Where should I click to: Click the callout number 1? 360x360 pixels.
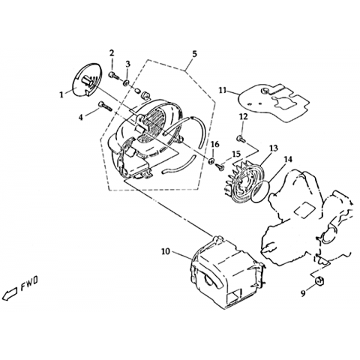[61, 95]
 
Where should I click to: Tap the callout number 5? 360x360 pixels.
[194, 53]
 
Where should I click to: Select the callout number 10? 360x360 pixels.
[166, 251]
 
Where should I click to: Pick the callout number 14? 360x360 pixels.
[288, 159]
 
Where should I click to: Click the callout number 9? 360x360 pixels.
[303, 293]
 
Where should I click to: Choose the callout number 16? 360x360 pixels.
[215, 144]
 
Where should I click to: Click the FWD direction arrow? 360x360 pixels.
[10, 292]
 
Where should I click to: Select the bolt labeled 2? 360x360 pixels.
[113, 75]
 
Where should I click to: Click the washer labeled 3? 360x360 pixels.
[126, 82]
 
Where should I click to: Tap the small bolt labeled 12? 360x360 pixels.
[241, 139]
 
